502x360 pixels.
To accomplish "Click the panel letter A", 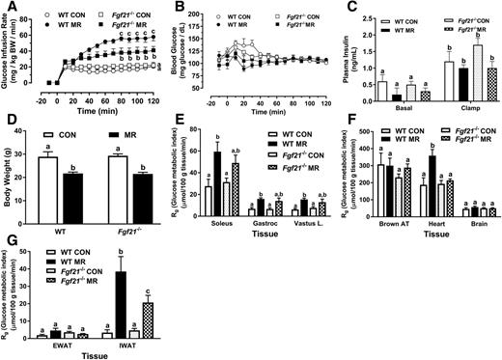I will (x=7, y=8).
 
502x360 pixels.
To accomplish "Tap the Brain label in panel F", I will (x=475, y=232).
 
